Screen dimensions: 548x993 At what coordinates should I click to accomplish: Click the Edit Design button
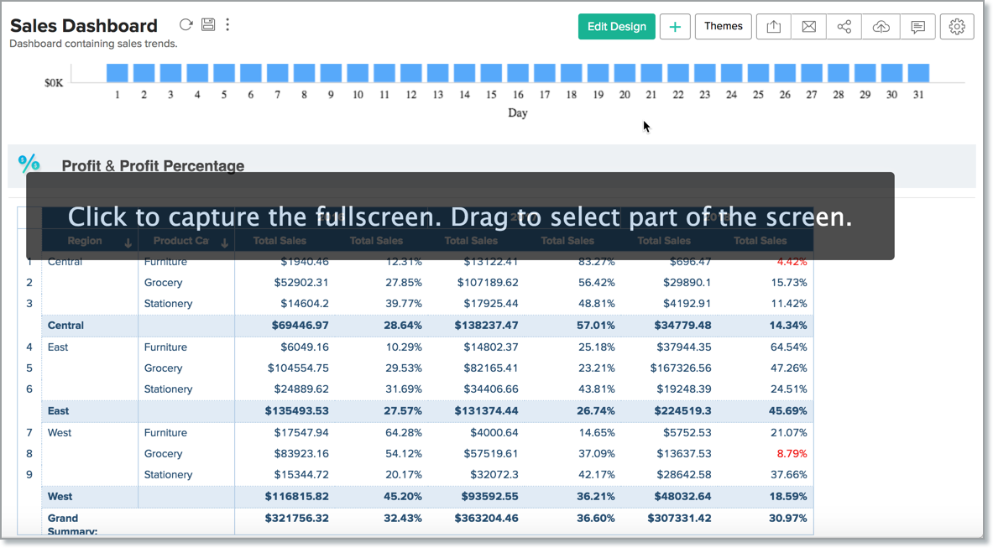click(616, 27)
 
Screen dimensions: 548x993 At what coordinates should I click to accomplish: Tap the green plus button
click(675, 27)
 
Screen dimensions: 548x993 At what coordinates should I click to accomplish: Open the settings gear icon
click(957, 27)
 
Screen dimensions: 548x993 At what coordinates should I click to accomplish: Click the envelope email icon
click(808, 27)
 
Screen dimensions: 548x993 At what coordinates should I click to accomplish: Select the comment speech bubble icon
click(917, 27)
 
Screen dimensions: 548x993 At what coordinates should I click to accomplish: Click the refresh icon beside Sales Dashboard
click(186, 25)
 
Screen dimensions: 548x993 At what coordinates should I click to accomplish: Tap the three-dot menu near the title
click(227, 25)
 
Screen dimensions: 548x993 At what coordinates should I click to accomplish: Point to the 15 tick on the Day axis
click(491, 95)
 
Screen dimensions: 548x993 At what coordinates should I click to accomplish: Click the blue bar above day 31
click(918, 73)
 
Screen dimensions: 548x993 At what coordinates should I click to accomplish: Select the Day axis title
click(518, 112)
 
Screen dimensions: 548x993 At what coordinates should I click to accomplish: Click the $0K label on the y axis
click(54, 83)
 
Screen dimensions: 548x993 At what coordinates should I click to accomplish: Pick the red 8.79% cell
click(792, 454)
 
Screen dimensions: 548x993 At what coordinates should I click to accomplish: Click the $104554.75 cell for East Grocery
click(298, 368)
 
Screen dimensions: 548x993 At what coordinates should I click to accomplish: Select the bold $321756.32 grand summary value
click(296, 519)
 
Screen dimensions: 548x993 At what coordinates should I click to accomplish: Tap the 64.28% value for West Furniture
click(405, 433)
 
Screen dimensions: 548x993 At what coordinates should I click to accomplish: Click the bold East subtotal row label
click(59, 411)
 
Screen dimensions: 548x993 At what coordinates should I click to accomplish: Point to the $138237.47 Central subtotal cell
click(486, 326)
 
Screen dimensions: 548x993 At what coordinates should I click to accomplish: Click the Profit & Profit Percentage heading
click(153, 166)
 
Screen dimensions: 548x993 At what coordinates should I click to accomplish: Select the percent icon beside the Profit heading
click(29, 163)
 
